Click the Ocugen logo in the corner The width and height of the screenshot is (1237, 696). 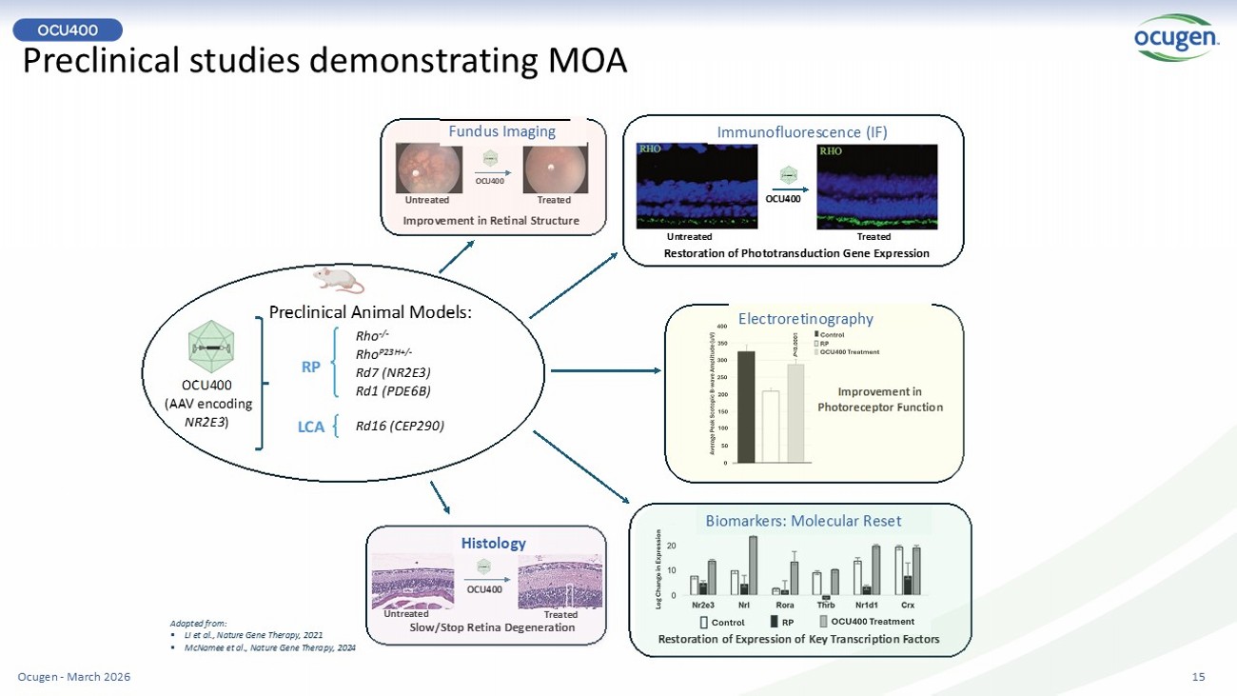(1175, 38)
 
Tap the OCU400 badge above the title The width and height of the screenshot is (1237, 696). (68, 30)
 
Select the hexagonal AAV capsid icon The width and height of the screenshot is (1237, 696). (210, 349)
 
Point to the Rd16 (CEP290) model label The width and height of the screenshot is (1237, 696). (400, 426)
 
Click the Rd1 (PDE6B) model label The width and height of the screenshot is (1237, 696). (393, 389)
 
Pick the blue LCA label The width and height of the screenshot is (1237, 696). (311, 428)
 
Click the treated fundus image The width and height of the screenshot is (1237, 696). (555, 169)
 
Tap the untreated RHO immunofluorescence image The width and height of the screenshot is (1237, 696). (697, 187)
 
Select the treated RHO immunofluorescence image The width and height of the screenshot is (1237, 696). (876, 187)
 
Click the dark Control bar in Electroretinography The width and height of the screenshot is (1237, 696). (746, 407)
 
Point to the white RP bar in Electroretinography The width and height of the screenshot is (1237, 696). (771, 427)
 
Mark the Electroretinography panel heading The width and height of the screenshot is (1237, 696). (806, 319)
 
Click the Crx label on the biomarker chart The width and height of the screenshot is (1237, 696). (908, 604)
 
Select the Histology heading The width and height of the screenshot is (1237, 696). (493, 543)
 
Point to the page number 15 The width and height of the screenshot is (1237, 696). (1198, 677)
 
